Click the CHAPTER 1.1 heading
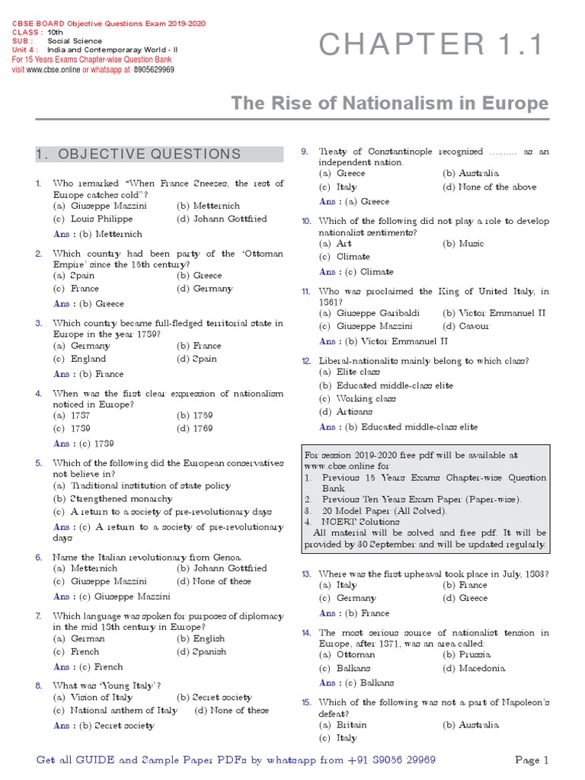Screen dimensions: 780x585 432,46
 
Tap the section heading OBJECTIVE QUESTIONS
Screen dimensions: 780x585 138,154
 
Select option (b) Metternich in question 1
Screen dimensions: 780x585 208,206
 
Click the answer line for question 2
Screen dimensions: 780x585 88,303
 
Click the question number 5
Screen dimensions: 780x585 39,462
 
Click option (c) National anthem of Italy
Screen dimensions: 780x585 115,710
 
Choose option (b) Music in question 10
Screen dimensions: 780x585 464,243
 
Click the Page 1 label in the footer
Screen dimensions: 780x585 532,759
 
